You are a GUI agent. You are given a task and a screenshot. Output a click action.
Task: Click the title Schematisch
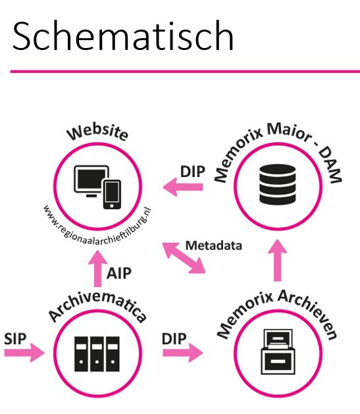coord(123,36)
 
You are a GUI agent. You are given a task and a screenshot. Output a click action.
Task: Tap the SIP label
coord(15,339)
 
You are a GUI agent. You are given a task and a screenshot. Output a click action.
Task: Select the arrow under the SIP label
coord(24,353)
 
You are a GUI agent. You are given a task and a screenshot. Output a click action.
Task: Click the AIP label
coord(119,273)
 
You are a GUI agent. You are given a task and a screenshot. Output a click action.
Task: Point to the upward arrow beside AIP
coord(97,269)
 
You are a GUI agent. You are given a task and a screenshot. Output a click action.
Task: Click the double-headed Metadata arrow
coord(184,258)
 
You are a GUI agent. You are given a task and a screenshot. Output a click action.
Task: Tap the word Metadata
coord(214,246)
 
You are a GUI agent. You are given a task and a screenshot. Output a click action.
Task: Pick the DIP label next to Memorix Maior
coord(193,172)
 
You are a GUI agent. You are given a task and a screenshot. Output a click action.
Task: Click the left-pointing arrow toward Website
coord(183,187)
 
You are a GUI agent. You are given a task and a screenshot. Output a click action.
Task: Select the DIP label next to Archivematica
coord(174,339)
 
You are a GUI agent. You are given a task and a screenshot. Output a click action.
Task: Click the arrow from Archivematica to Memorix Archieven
coord(183,353)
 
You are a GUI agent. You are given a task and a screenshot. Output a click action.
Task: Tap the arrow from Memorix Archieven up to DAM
coord(277,260)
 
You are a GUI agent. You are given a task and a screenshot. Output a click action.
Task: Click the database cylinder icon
coord(277,184)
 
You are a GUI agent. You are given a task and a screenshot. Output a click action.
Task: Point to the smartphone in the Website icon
coord(112,195)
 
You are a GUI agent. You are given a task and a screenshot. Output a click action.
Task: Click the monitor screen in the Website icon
coord(91,179)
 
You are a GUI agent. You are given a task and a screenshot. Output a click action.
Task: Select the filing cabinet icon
coord(278,351)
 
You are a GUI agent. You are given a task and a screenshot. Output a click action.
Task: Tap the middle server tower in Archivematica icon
coord(97,354)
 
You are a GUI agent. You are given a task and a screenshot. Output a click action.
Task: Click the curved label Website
coord(97,132)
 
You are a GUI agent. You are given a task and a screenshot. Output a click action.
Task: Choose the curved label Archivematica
coord(97,303)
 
